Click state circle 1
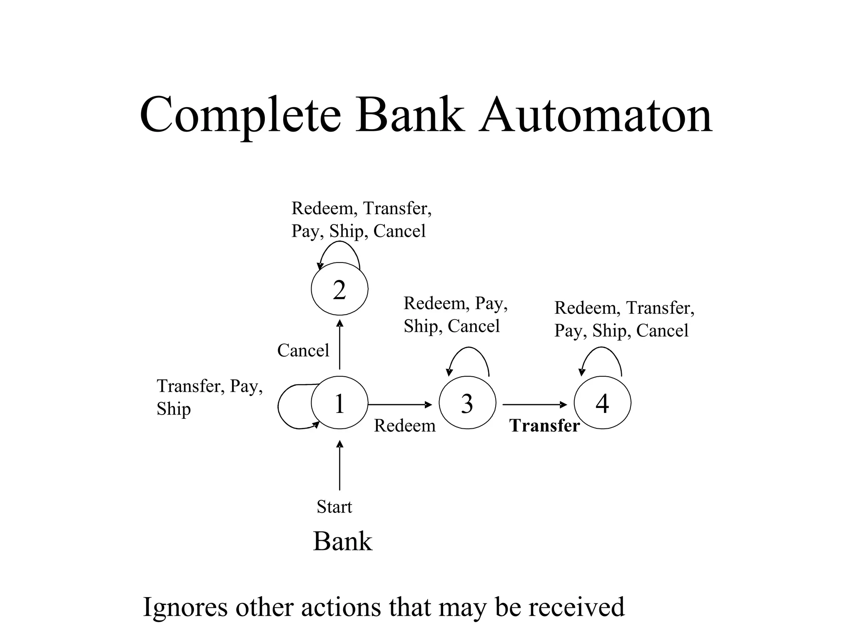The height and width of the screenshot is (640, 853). click(339, 403)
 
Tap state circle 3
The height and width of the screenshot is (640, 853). click(467, 403)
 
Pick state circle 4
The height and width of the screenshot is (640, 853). click(602, 403)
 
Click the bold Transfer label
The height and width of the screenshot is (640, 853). click(544, 426)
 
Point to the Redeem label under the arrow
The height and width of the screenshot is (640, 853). click(404, 426)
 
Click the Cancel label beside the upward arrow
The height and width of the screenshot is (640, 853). click(303, 350)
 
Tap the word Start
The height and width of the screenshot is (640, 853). click(334, 507)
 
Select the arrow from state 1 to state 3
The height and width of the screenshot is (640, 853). click(400, 404)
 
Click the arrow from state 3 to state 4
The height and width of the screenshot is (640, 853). click(535, 404)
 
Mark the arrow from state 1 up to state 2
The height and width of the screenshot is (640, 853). click(339, 345)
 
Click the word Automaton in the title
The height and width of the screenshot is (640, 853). click(596, 115)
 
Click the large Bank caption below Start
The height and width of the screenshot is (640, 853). click(342, 542)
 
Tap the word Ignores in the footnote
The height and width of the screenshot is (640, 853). click(185, 607)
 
